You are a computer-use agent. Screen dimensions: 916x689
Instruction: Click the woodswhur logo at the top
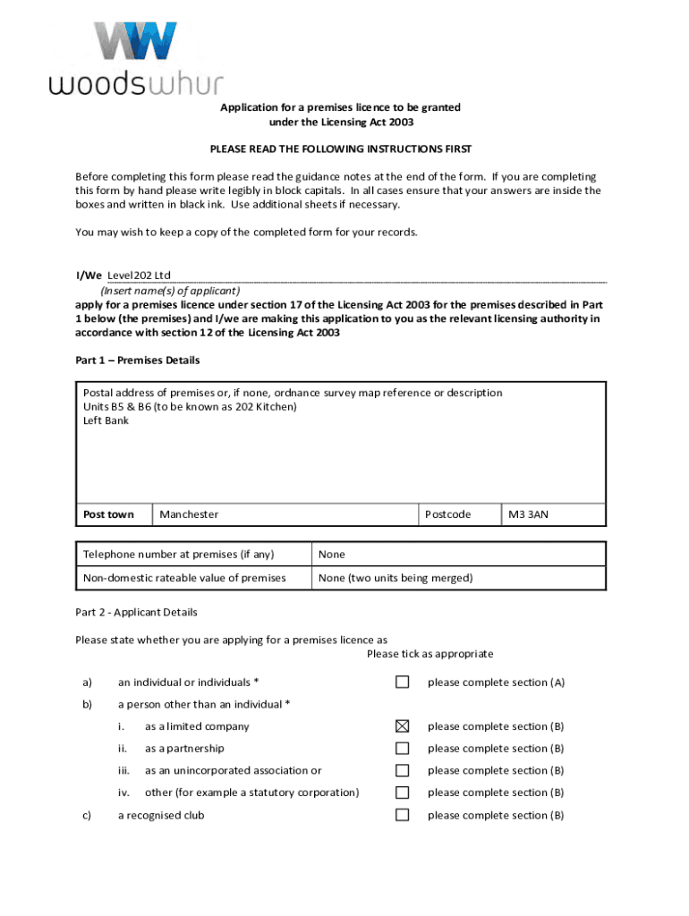pos(135,59)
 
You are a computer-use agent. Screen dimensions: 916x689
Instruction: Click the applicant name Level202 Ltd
pos(139,276)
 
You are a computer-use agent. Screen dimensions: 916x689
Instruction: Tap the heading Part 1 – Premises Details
pos(138,360)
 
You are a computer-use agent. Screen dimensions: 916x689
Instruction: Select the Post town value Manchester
pos(189,514)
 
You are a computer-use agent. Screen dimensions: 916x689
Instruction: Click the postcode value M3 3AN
pos(528,514)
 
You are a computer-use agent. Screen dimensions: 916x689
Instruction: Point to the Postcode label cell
pos(447,514)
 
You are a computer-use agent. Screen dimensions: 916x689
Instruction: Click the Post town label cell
pos(108,514)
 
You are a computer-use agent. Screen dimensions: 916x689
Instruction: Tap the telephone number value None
pos(331,555)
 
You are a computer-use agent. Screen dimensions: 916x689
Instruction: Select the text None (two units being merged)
pos(396,578)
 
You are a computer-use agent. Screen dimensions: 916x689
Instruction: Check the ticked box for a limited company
pos(403,726)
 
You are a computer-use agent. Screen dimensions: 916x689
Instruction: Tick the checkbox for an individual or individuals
pos(403,683)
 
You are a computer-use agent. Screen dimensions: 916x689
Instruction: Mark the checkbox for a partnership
pos(403,749)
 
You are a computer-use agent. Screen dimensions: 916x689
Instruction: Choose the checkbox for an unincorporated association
pos(403,770)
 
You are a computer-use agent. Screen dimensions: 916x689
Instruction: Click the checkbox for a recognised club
pos(403,815)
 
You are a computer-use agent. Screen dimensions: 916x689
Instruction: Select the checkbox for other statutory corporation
pos(403,793)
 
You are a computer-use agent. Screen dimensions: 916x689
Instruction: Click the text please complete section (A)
pos(496,683)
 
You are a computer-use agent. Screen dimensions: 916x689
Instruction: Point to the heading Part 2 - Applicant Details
pos(137,613)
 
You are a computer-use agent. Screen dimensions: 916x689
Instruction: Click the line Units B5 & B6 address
pos(190,407)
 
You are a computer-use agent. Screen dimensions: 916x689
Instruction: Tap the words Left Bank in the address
pos(106,420)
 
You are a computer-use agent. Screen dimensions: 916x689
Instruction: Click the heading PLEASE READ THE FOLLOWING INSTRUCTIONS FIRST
pos(341,148)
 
